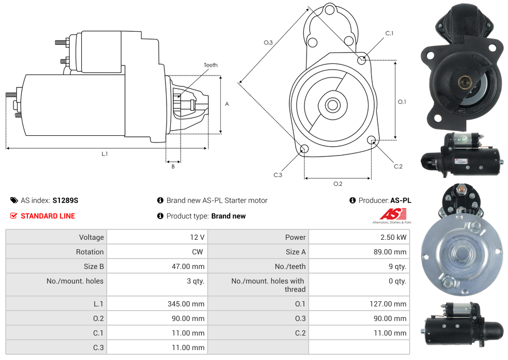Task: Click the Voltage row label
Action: click(91, 237)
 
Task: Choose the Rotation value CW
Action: click(198, 252)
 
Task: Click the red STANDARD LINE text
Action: click(48, 216)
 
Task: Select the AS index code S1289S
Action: click(65, 200)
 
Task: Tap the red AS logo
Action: click(392, 214)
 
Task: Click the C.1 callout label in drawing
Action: click(389, 34)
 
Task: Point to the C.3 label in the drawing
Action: click(278, 175)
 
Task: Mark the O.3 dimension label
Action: click(268, 43)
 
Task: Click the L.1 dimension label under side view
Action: click(105, 154)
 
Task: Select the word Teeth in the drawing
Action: click(211, 65)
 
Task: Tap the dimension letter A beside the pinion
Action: click(227, 104)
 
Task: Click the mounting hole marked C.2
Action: click(372, 140)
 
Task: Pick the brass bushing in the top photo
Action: click(464, 82)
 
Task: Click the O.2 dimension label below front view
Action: click(338, 184)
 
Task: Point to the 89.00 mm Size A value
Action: click(391, 252)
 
